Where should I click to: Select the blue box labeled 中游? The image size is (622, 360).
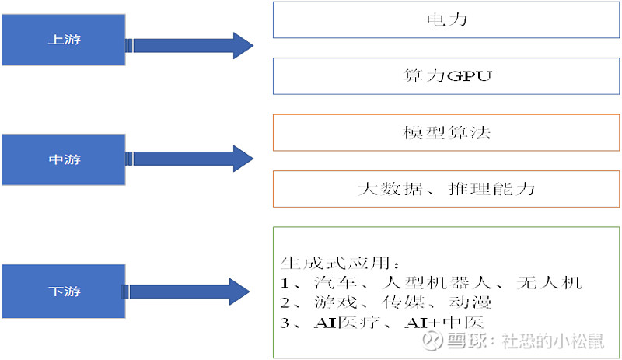pos(64,160)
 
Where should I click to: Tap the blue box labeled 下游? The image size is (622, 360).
pos(64,292)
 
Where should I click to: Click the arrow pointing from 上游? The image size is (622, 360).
pos(190,45)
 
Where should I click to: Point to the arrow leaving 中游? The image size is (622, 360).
pos(190,158)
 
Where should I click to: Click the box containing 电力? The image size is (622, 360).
pos(446,19)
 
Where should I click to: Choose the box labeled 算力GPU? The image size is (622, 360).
pos(446,76)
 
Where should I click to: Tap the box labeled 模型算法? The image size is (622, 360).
pos(446,133)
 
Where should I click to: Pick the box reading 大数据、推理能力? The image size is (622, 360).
pos(446,189)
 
